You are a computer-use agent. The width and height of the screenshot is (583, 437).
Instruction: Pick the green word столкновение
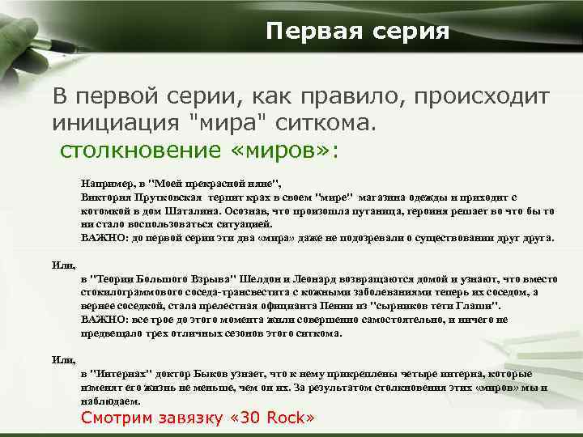click(151, 151)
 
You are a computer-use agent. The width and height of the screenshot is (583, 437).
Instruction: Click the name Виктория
click(102, 197)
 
